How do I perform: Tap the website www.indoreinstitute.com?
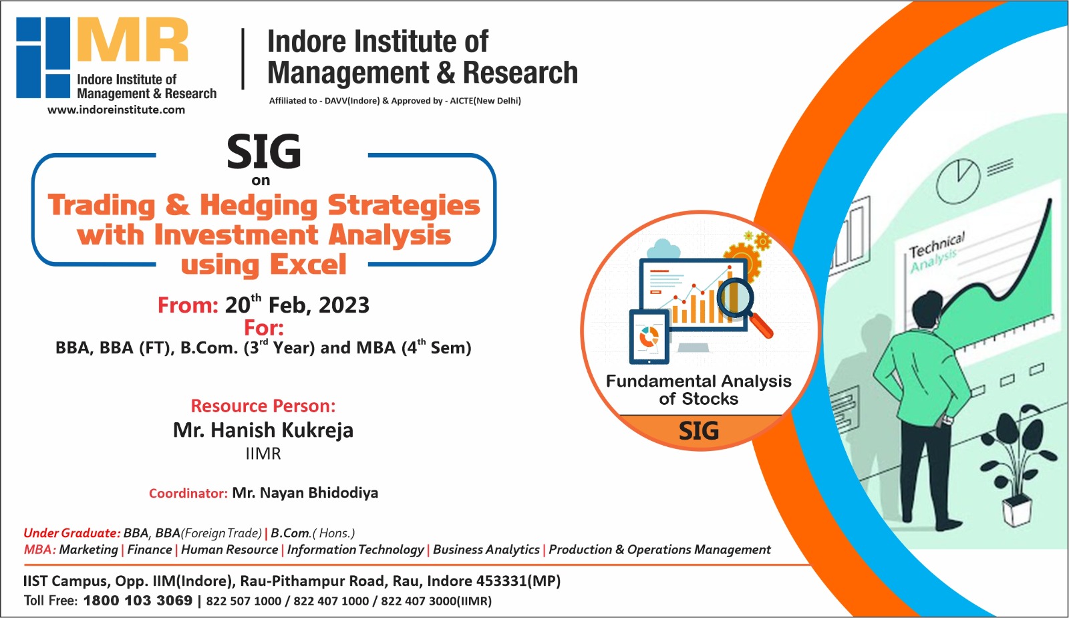[x=116, y=110]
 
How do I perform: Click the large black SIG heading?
[x=264, y=152]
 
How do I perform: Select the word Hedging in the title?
[x=259, y=205]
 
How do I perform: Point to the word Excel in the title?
[x=308, y=265]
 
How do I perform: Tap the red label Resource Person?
[x=263, y=406]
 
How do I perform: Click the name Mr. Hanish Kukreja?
[x=263, y=430]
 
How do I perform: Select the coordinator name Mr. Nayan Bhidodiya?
[x=305, y=493]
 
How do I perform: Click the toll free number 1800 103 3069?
[x=138, y=600]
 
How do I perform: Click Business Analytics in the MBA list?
[x=486, y=549]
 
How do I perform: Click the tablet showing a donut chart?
[x=649, y=337]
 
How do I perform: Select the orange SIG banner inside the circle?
[x=699, y=431]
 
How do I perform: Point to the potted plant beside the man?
[x=1023, y=461]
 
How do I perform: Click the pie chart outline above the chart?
[x=957, y=180]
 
